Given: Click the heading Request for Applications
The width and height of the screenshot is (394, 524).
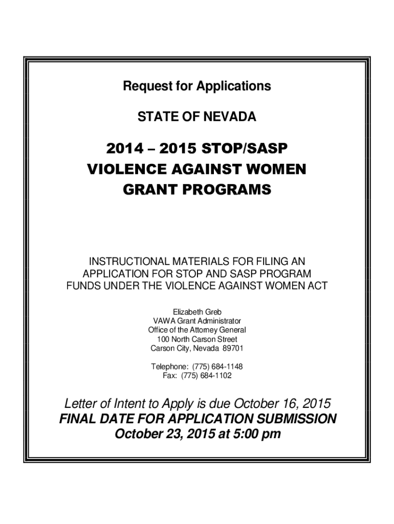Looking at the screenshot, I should [197, 86].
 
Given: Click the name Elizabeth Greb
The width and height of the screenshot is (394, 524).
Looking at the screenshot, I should [197, 312].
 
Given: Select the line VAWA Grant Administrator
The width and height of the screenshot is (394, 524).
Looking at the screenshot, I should [197, 321].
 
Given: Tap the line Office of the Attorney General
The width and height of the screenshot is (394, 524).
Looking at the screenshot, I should [197, 330].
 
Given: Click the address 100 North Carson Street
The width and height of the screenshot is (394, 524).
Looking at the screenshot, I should [197, 339].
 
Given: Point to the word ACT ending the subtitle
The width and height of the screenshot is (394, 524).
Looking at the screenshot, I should [318, 286].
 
